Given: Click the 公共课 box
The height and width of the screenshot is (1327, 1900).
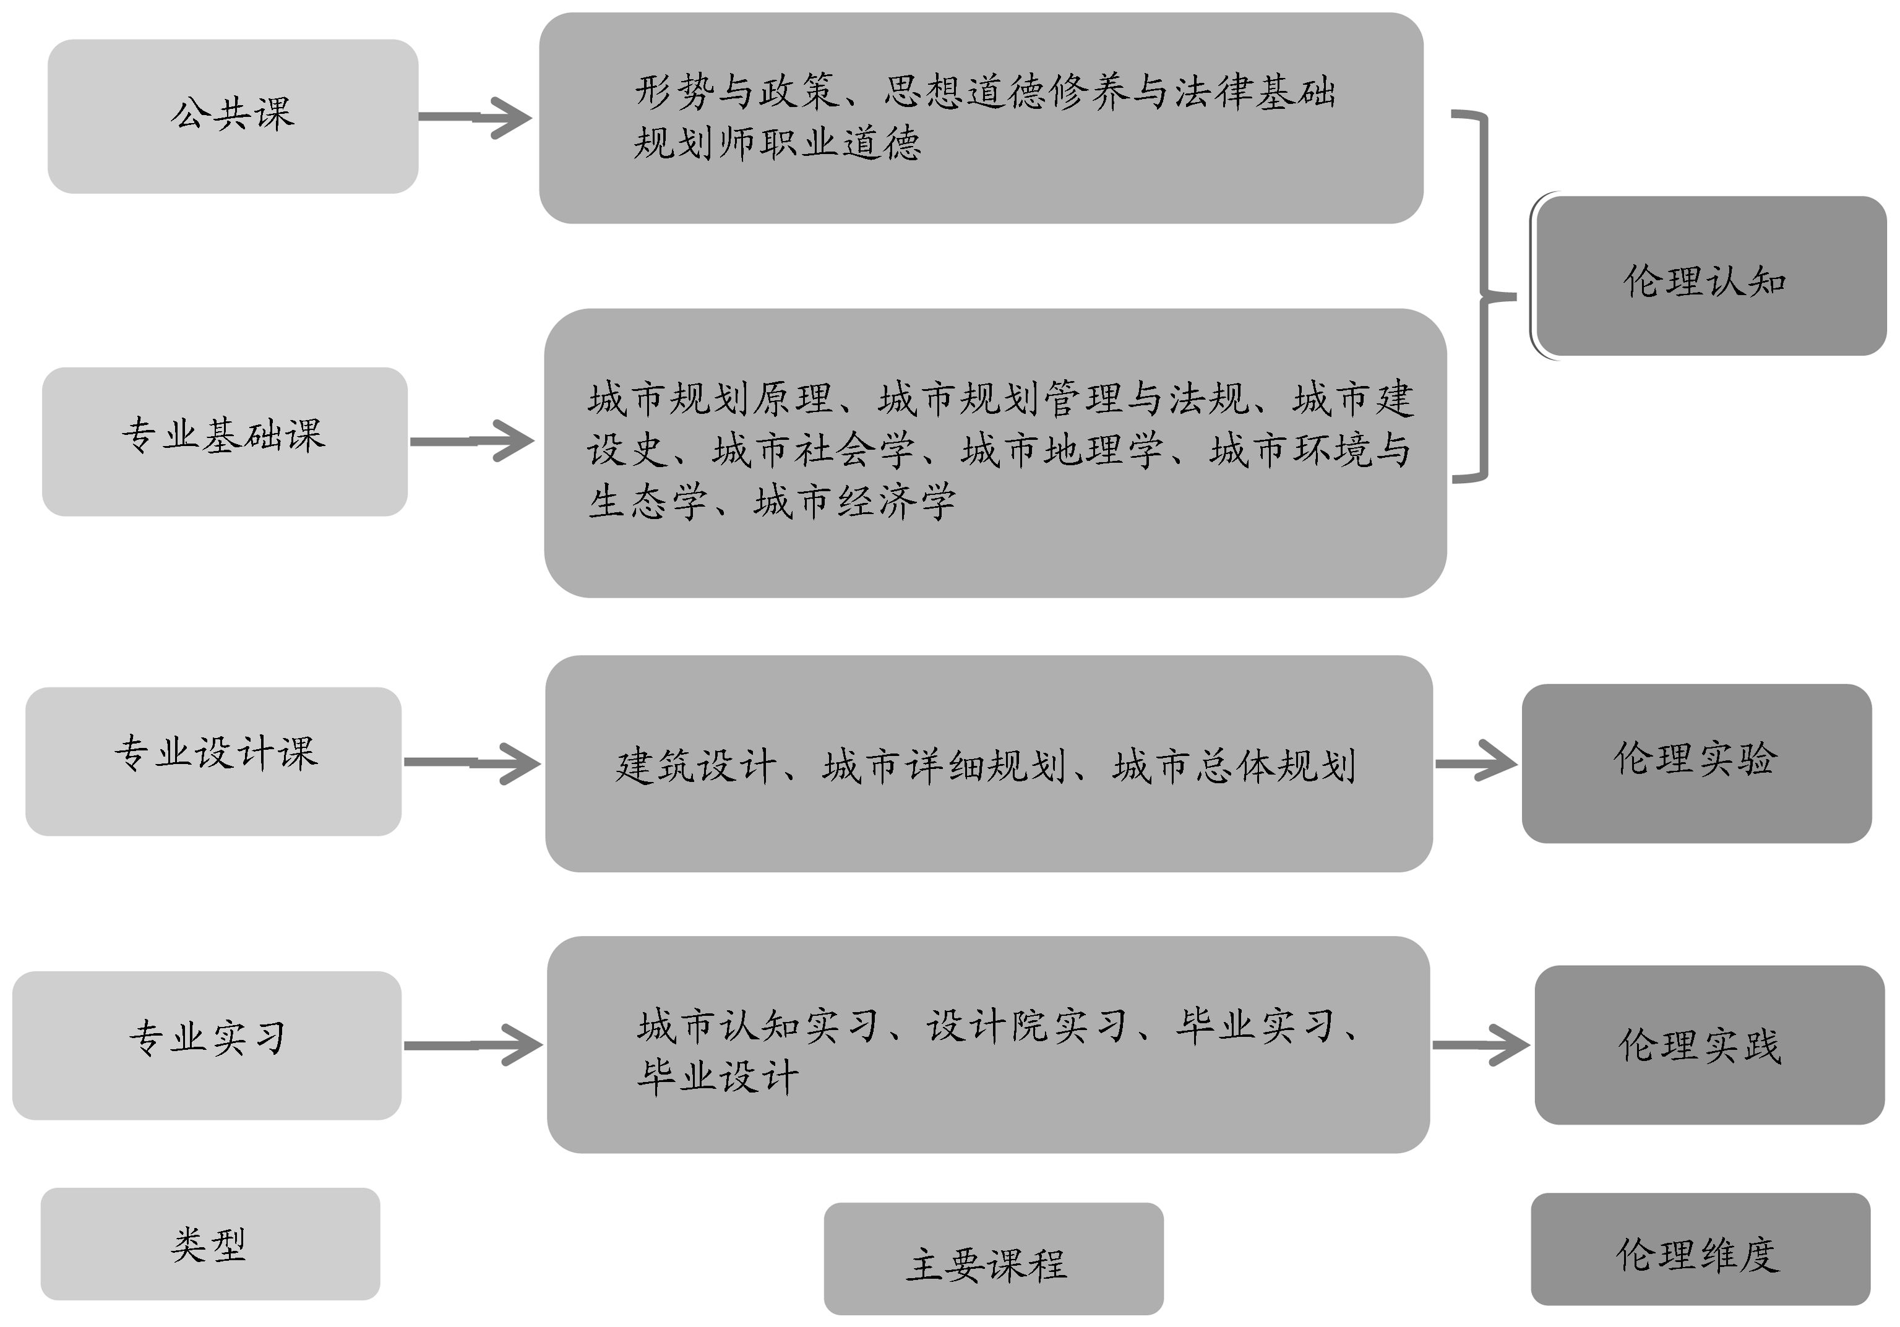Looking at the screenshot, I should [233, 117].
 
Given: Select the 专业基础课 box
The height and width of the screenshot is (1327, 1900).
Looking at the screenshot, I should [224, 442].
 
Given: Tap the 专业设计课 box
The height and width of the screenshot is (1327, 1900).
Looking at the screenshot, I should [213, 761].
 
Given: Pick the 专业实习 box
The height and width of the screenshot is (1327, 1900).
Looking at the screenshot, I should [207, 1045].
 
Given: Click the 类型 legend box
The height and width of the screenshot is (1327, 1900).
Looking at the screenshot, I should [210, 1243].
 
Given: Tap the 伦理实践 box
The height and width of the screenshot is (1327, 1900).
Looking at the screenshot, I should [1709, 1044].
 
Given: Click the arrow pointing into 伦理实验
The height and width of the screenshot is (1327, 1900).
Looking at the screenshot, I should [1476, 763].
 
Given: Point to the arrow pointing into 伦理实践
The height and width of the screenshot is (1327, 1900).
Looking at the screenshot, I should [1481, 1045].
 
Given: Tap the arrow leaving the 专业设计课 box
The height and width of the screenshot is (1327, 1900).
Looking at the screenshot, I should [471, 763].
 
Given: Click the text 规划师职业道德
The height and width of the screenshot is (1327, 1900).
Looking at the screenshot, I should [777, 143].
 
